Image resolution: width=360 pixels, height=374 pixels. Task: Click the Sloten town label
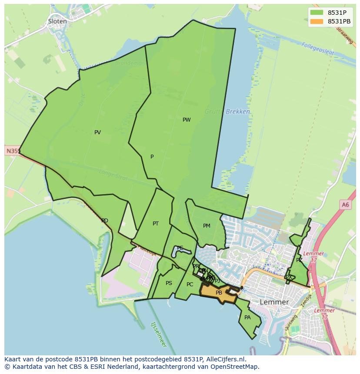(57, 21)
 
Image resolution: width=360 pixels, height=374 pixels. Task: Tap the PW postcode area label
(187, 120)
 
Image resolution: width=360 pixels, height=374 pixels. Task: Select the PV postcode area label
(97, 132)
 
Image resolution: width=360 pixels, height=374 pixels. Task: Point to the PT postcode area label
(156, 224)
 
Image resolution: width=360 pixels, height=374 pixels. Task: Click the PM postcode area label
(207, 226)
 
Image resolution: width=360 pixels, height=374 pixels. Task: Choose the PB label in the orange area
(219, 293)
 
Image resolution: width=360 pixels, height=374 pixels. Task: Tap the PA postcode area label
(247, 318)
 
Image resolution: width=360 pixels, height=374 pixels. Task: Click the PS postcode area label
(169, 283)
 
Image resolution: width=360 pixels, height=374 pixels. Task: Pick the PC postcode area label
(190, 285)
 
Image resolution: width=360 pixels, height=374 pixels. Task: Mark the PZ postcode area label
(299, 260)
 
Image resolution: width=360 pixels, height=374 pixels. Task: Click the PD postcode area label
(105, 221)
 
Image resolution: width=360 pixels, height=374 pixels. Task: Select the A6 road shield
(345, 205)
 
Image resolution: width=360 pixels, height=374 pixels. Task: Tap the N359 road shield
(13, 151)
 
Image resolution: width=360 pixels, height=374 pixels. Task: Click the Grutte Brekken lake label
(232, 112)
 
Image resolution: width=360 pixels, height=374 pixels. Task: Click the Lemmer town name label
(274, 302)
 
